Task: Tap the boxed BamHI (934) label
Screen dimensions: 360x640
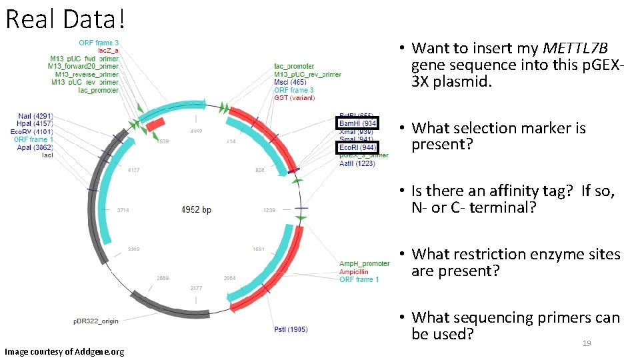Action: (357, 123)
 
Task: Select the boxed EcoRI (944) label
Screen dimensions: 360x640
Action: (357, 147)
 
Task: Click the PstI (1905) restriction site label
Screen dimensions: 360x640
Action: (290, 329)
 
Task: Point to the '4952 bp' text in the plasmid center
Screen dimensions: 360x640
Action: (196, 209)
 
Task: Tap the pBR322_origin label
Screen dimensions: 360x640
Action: (96, 321)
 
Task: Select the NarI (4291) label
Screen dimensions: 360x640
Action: (35, 116)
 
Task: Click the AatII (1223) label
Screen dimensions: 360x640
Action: (357, 163)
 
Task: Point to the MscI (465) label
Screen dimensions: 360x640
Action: (291, 82)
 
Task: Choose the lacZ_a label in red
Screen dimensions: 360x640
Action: (108, 51)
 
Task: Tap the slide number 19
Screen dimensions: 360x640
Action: (587, 343)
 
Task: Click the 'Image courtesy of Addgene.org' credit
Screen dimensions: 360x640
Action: (64, 351)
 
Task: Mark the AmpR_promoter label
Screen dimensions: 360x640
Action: (365, 264)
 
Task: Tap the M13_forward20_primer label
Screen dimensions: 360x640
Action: (83, 66)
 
